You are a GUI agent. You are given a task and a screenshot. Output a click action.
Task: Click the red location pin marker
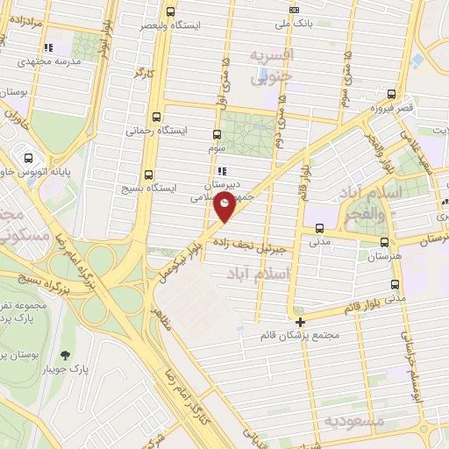(225, 208)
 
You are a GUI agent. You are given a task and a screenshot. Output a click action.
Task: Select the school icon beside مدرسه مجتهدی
(49, 46)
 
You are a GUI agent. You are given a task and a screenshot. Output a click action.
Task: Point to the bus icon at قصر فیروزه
(391, 94)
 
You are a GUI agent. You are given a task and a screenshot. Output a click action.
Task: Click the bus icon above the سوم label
(217, 134)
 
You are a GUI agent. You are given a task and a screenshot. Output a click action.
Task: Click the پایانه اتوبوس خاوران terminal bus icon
(30, 160)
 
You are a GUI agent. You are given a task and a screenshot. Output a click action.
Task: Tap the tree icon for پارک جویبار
(65, 355)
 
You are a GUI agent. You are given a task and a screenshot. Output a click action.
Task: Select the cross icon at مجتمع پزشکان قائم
(300, 321)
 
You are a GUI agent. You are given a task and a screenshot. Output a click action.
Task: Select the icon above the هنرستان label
(384, 218)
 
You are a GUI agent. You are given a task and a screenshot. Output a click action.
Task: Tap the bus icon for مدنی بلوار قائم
(395, 284)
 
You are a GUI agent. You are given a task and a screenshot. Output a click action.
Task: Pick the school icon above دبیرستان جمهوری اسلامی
(222, 171)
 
